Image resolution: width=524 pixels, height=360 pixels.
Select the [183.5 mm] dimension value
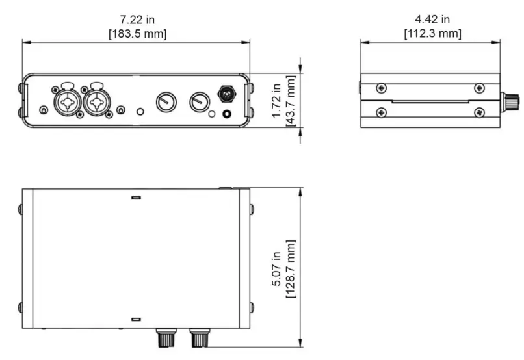coord(137,33)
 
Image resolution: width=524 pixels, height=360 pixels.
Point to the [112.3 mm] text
coord(432,33)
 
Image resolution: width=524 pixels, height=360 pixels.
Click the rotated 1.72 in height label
coord(276,100)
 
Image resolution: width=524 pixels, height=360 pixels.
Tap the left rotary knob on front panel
coord(165,101)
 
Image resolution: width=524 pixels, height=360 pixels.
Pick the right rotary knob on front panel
coord(199,101)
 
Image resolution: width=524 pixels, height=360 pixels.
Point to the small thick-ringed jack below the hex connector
coord(228,114)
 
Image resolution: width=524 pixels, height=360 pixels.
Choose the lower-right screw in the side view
coord(479,112)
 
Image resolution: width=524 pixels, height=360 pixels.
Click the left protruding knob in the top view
coord(164,338)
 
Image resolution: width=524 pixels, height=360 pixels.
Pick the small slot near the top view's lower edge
coord(136,320)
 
